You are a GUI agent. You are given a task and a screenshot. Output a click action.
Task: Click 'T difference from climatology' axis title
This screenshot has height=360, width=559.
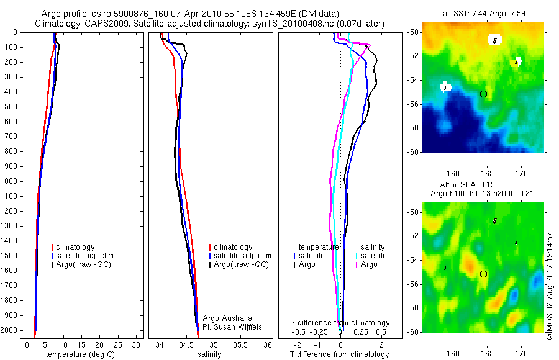pos(339,354)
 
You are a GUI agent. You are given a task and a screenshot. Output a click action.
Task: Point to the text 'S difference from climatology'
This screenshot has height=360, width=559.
pos(340,323)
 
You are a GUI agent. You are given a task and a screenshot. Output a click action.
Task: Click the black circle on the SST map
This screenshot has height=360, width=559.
pos(483,94)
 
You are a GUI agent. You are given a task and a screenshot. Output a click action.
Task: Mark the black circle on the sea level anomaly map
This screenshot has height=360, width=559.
pos(483,274)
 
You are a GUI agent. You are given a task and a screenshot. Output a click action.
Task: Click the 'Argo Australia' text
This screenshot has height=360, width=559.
pos(227,318)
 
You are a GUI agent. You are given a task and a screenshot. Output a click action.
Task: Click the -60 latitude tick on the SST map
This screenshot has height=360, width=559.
pos(412,151)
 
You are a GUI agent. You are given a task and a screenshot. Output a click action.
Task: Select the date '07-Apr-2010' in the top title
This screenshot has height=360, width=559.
pos(191,13)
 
